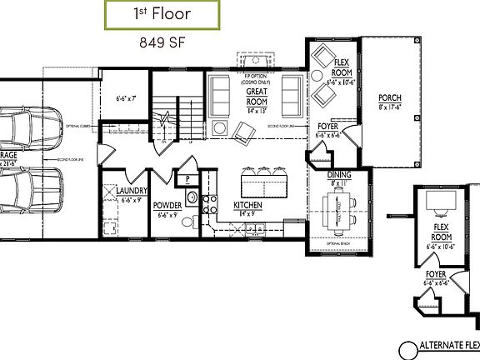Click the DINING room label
[x=339, y=176]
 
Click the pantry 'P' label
[x=188, y=178]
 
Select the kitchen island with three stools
[x=261, y=180]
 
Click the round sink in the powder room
[x=191, y=198]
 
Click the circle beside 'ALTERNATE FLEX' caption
[x=407, y=349]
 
